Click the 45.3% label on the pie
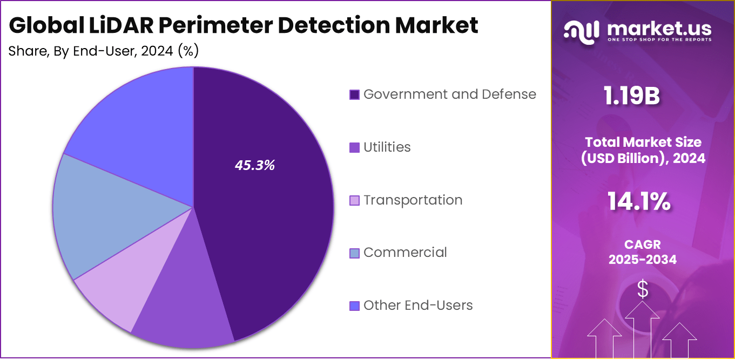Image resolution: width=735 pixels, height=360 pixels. point(254,166)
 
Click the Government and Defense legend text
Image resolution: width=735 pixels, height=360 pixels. point(449,94)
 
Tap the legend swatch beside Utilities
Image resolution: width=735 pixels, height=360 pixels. point(354,147)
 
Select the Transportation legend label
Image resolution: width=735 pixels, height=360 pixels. point(413,200)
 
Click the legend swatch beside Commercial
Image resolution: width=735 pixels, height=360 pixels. point(354,253)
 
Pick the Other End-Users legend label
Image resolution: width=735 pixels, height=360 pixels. point(418,305)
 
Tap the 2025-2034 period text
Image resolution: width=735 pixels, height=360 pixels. point(643,260)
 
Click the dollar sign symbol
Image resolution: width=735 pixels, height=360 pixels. point(643,289)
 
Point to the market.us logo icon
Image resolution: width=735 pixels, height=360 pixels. point(582,31)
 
